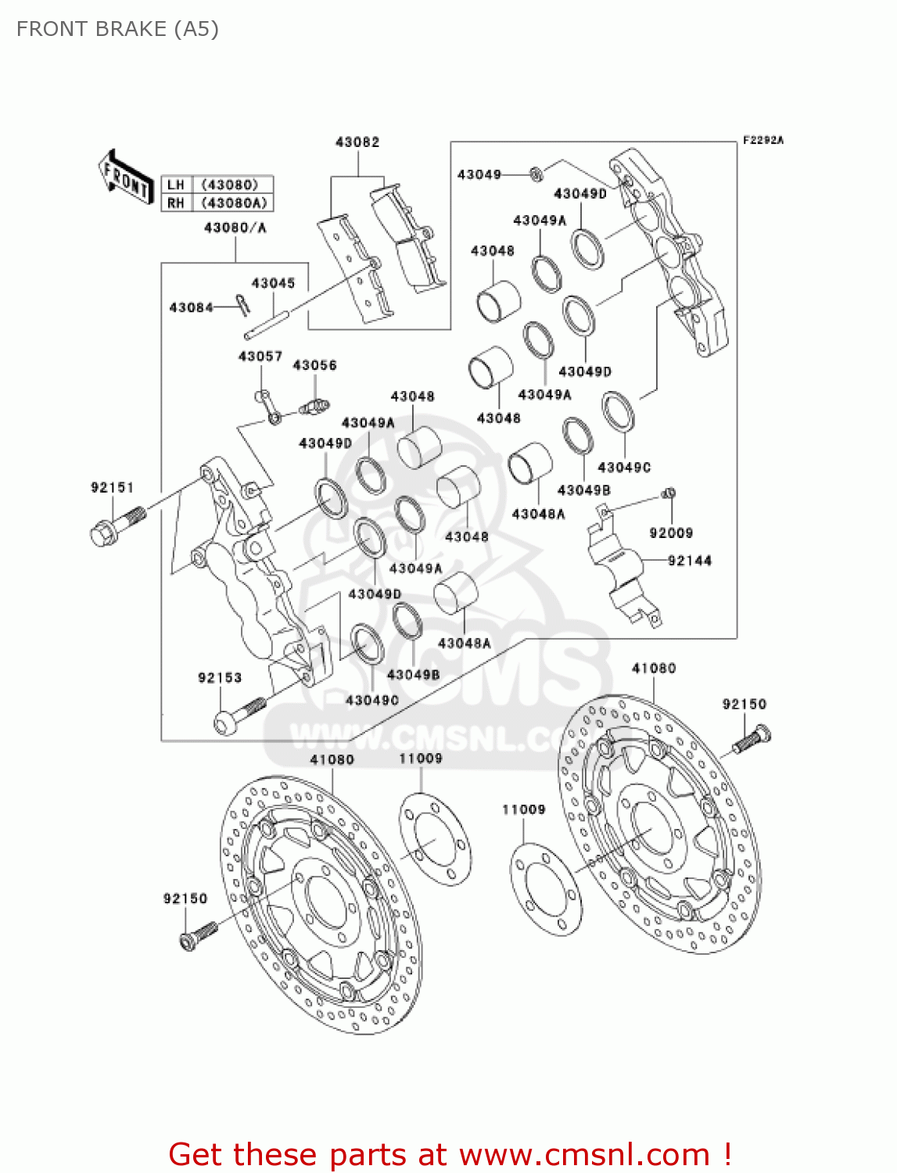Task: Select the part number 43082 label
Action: pyautogui.click(x=357, y=142)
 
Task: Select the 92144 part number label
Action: pyautogui.click(x=689, y=561)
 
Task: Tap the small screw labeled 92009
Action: pyautogui.click(x=669, y=493)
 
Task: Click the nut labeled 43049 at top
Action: pyautogui.click(x=536, y=174)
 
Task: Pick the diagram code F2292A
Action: pyautogui.click(x=762, y=141)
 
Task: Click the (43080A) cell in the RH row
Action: pyautogui.click(x=234, y=203)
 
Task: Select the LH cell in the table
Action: pyautogui.click(x=176, y=185)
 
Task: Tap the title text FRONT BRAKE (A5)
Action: pyautogui.click(x=117, y=29)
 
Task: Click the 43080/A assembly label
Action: pyautogui.click(x=235, y=228)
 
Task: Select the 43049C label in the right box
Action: pyautogui.click(x=624, y=468)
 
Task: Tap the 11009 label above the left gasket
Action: pyautogui.click(x=421, y=759)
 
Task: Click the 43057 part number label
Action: pyautogui.click(x=260, y=357)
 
